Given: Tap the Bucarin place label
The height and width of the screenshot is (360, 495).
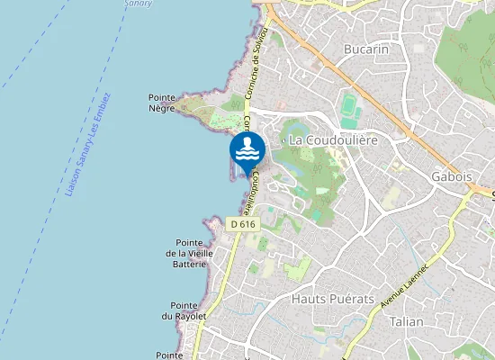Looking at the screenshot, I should pyautogui.click(x=366, y=49).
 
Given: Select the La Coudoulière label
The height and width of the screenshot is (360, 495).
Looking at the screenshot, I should pyautogui.click(x=332, y=140).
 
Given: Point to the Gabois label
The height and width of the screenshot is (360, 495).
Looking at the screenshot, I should pyautogui.click(x=452, y=176).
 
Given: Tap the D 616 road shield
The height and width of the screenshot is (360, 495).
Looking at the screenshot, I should pyautogui.click(x=241, y=223).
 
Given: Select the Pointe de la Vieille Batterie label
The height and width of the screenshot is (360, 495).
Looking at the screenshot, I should pyautogui.click(x=189, y=254).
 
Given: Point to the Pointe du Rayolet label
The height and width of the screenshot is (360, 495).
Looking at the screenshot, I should pyautogui.click(x=184, y=310).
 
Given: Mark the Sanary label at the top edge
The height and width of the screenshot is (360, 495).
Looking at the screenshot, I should pyautogui.click(x=139, y=4).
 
